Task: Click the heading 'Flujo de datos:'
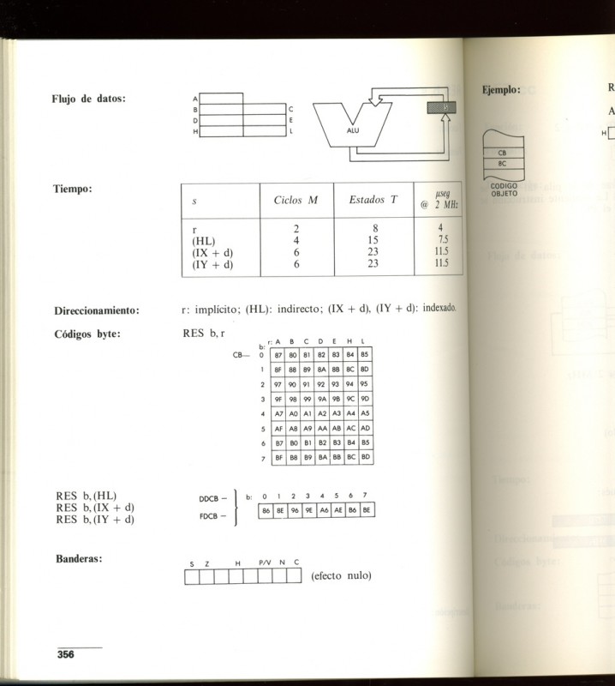(89, 99)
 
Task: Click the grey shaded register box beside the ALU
(442, 107)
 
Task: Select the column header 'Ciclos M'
(296, 201)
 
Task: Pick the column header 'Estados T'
(373, 201)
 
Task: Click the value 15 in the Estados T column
(373, 241)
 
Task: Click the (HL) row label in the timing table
(206, 241)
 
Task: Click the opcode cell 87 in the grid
(278, 353)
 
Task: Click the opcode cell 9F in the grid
(278, 398)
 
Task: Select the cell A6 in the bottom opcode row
(324, 510)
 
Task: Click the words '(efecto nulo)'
(341, 575)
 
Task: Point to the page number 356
(66, 654)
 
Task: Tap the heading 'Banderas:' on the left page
(80, 559)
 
